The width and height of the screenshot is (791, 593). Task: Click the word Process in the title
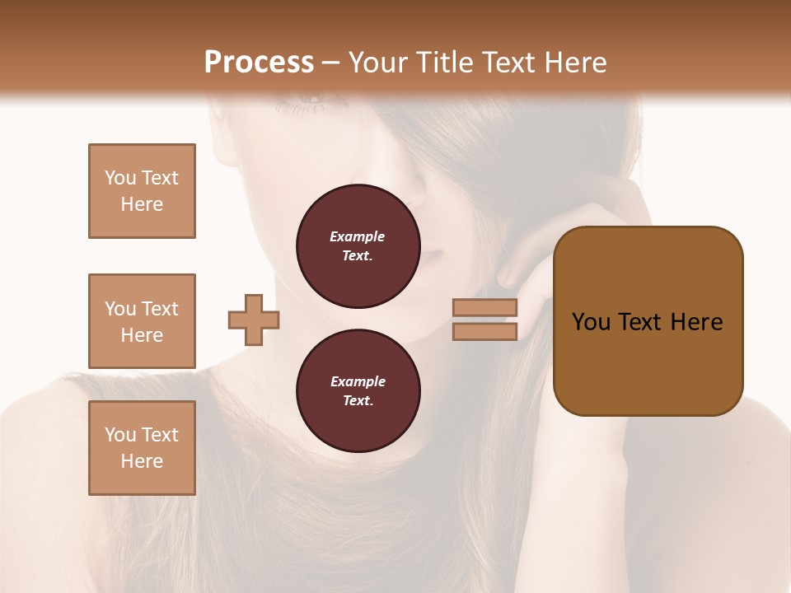pyautogui.click(x=259, y=63)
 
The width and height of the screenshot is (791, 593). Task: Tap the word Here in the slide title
pyautogui.click(x=573, y=63)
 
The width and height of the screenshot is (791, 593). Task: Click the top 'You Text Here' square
pyautogui.click(x=142, y=191)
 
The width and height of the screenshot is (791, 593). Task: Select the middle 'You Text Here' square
pyautogui.click(x=142, y=321)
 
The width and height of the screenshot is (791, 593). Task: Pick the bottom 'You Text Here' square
pyautogui.click(x=142, y=448)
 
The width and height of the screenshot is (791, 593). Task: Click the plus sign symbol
pyautogui.click(x=254, y=320)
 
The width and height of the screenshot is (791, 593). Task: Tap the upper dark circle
pyautogui.click(x=358, y=246)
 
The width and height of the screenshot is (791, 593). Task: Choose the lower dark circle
pyautogui.click(x=358, y=391)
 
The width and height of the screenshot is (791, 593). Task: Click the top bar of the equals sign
pyautogui.click(x=485, y=308)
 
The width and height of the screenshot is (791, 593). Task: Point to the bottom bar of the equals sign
pyautogui.click(x=485, y=331)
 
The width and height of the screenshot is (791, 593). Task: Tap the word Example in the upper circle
pyautogui.click(x=357, y=236)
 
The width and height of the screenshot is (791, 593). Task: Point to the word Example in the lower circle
pyautogui.click(x=357, y=381)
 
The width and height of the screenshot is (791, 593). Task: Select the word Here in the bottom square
pyautogui.click(x=142, y=461)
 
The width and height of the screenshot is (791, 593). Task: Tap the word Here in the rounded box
pyautogui.click(x=696, y=322)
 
